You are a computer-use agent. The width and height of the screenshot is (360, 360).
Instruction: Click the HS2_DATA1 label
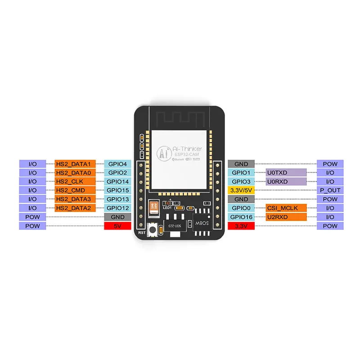click(75, 164)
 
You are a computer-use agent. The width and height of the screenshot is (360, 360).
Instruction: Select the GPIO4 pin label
click(117, 164)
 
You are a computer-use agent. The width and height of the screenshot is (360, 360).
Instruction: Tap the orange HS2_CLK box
click(75, 181)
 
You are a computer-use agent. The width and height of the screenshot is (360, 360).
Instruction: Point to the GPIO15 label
click(117, 190)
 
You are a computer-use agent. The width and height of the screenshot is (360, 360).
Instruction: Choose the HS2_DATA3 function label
click(75, 199)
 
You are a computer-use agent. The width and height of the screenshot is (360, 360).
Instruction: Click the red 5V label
click(117, 226)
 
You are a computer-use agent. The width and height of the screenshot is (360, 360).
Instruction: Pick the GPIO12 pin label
click(117, 208)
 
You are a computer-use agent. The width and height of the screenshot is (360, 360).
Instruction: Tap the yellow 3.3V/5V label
click(241, 190)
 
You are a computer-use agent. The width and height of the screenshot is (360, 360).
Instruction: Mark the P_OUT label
click(330, 190)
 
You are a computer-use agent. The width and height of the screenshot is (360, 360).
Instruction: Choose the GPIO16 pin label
click(241, 217)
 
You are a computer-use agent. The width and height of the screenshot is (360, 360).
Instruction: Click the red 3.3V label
click(241, 226)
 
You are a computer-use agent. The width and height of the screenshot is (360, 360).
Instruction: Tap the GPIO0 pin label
click(241, 208)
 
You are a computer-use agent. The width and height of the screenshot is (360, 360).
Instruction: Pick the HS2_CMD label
click(75, 190)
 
